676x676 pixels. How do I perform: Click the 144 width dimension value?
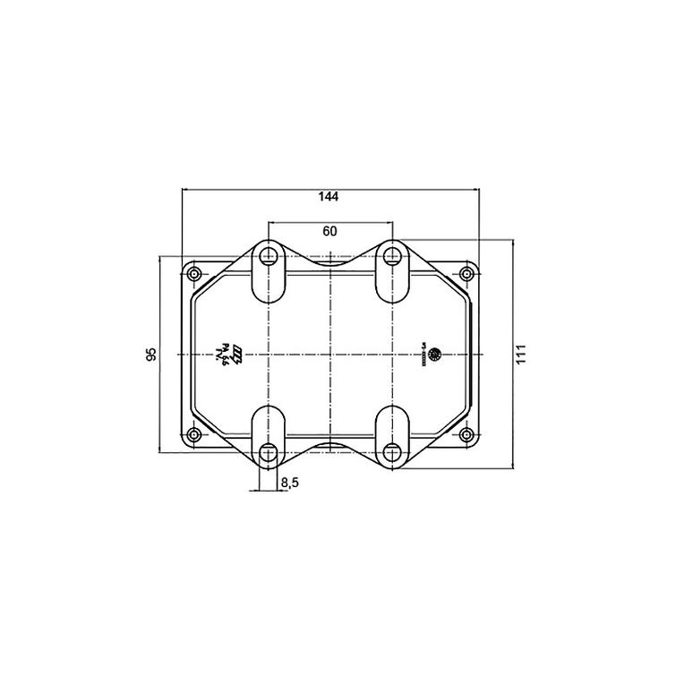[329, 196]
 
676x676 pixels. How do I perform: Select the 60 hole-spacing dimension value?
[329, 231]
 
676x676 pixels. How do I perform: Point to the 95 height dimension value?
[151, 354]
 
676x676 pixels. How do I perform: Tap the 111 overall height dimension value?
[522, 354]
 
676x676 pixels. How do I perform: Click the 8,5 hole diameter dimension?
[290, 483]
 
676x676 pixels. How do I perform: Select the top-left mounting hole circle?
[268, 256]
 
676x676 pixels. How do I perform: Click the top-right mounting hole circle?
[391, 256]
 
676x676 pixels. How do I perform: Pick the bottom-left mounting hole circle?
[268, 452]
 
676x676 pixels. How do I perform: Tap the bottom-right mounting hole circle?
[391, 452]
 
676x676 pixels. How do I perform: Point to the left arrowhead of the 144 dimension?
[185, 189]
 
